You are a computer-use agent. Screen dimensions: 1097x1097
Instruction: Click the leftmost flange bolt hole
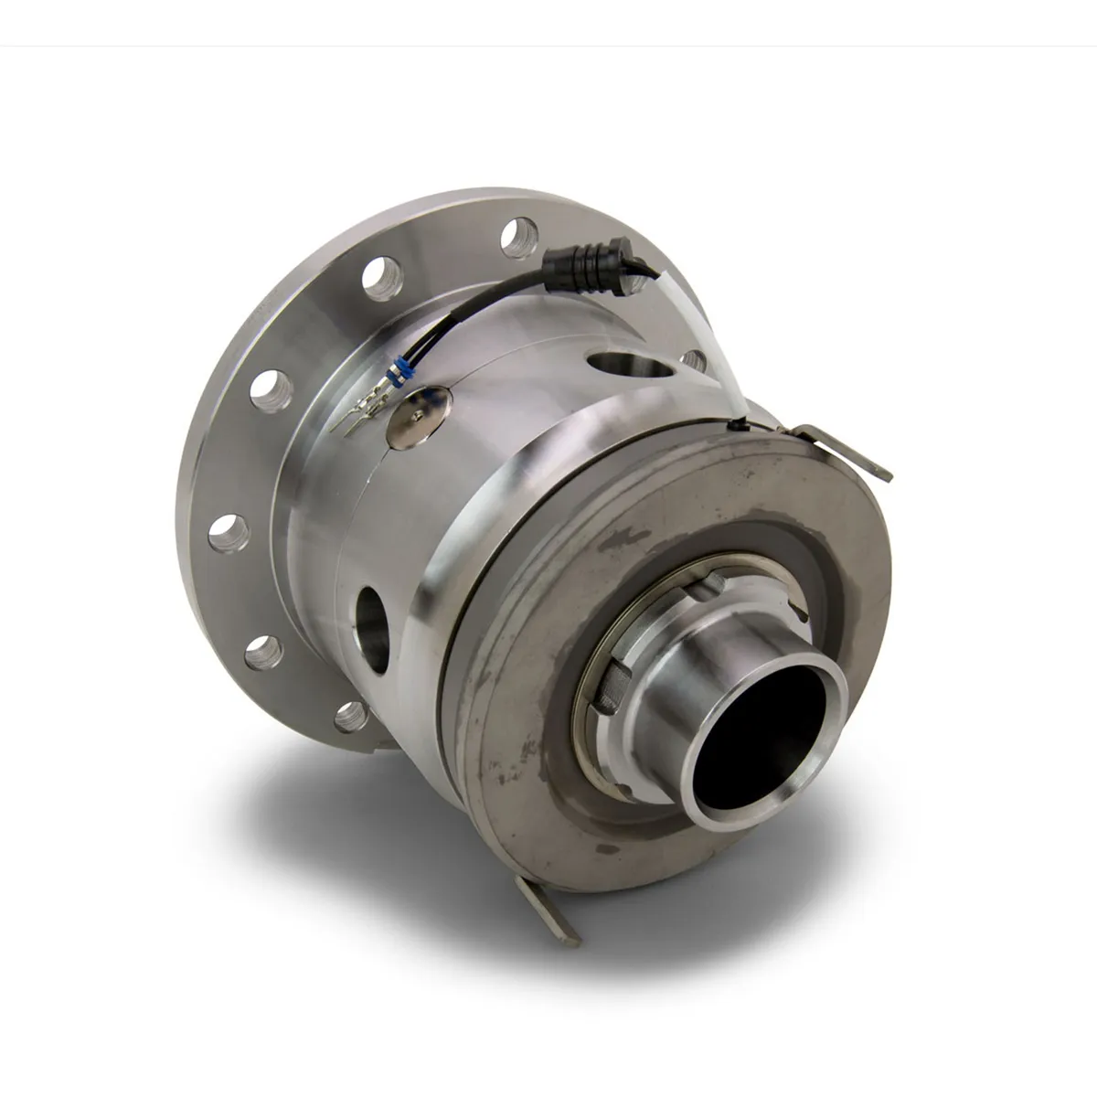[225, 531]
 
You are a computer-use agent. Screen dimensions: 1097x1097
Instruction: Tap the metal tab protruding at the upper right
[855, 455]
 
